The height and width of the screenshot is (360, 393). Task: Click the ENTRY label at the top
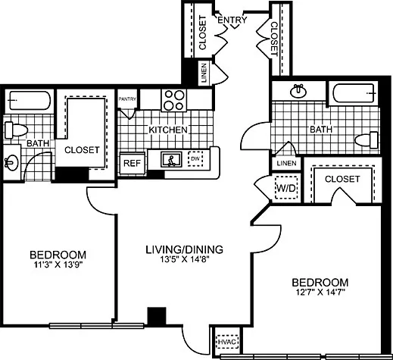[x=231, y=20]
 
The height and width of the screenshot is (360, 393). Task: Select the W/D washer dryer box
[x=285, y=186]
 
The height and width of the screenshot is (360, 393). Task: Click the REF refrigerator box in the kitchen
[x=132, y=162]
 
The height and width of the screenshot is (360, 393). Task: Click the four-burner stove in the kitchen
[x=175, y=100]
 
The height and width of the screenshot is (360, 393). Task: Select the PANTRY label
[x=128, y=98]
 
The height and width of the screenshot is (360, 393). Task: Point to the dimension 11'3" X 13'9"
[x=58, y=265]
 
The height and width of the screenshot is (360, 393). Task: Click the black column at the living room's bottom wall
[x=157, y=317]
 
